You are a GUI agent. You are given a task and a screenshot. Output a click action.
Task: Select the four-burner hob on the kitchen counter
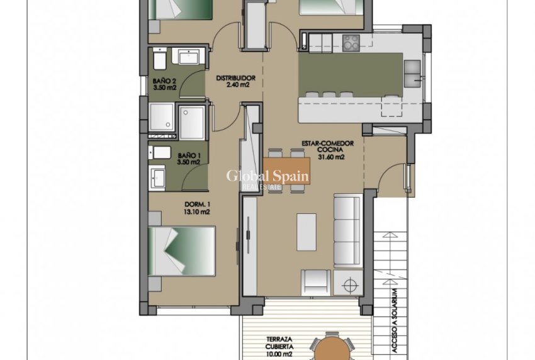coord(350,42)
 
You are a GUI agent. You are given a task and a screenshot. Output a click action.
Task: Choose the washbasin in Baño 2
coord(190,57)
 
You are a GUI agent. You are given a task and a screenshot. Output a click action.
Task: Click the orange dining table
coord(286,170)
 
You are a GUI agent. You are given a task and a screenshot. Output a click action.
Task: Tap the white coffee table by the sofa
coord(307,232)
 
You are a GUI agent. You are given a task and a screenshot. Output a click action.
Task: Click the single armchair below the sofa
coord(315,281)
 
